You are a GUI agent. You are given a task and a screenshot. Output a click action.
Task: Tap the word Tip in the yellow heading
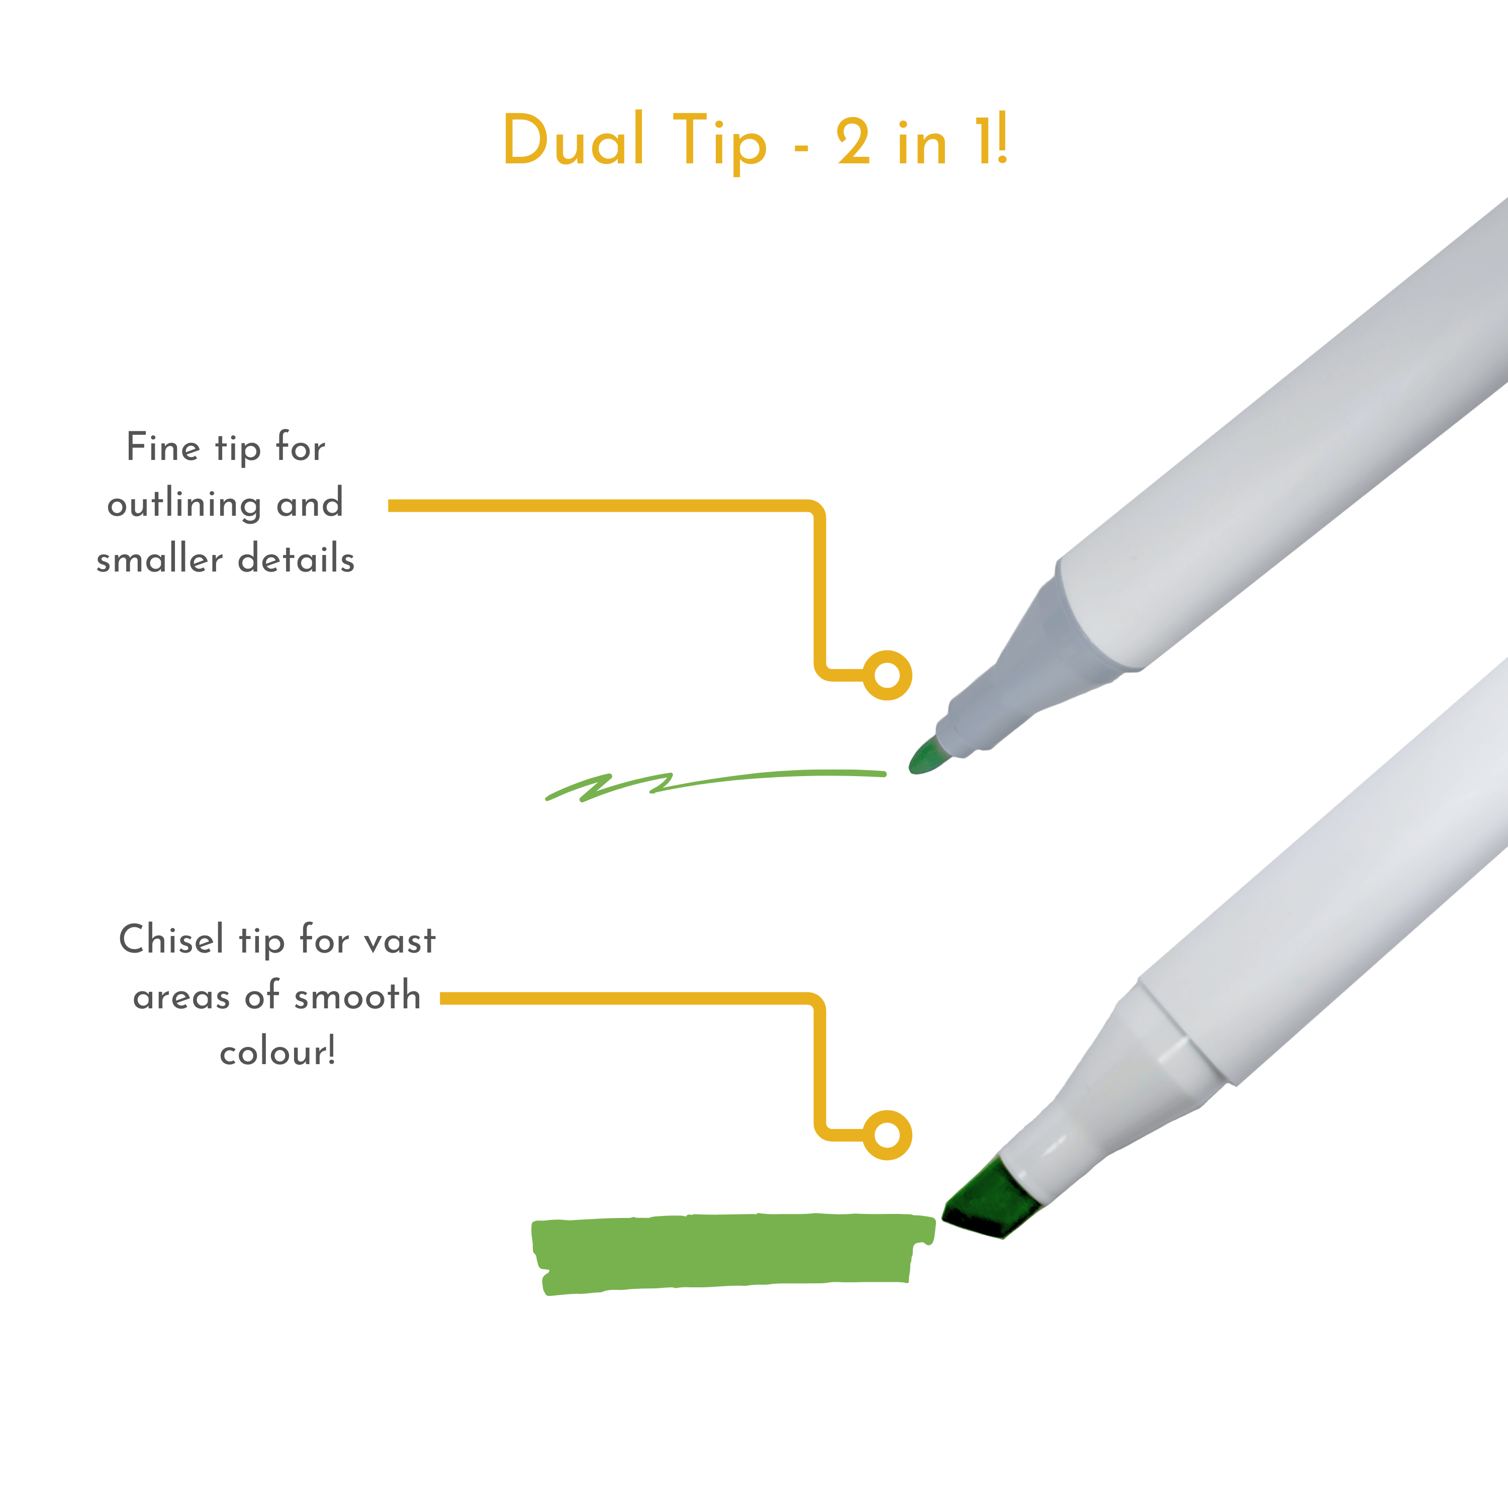pyautogui.click(x=719, y=142)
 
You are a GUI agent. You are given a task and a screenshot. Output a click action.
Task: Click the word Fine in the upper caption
pyautogui.click(x=163, y=447)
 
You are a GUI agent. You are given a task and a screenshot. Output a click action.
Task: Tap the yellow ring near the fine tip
pyautogui.click(x=888, y=675)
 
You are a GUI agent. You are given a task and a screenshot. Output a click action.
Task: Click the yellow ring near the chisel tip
pyautogui.click(x=888, y=1135)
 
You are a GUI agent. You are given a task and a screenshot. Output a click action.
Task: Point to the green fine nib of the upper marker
pyautogui.click(x=926, y=757)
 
